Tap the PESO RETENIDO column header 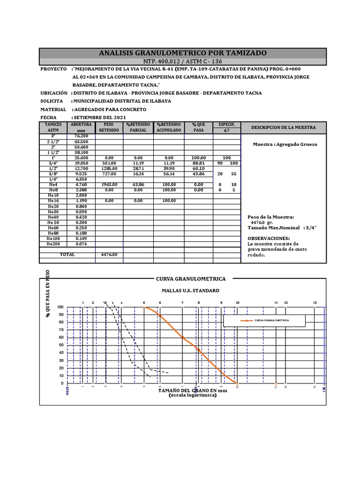click(109, 127)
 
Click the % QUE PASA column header click(198, 127)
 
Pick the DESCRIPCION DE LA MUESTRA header click(283, 127)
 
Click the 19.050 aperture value click(81, 163)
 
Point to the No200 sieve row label click(53, 244)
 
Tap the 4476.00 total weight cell click(109, 255)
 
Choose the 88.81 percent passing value click(198, 163)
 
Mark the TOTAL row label click(67, 255)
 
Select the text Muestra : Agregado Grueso click(285, 144)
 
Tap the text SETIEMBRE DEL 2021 click(99, 117)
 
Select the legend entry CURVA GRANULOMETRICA click(271, 320)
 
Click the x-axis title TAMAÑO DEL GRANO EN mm click(192, 390)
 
